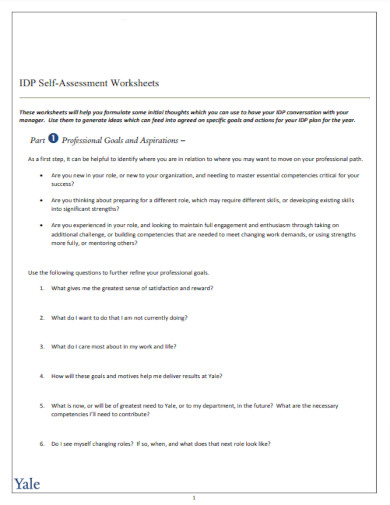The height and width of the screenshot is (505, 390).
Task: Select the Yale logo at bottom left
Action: pos(28,484)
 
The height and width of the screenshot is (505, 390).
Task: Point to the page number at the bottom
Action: pos(194,497)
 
